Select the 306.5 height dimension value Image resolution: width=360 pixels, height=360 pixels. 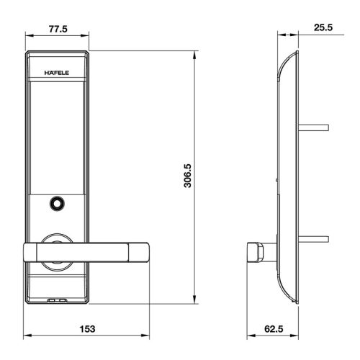click(186, 175)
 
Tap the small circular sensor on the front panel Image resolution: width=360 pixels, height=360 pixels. click(55, 204)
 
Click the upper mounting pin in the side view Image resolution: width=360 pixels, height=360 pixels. click(315, 128)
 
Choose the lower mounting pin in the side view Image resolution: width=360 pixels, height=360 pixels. click(315, 237)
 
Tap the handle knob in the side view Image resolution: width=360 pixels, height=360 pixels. click(253, 252)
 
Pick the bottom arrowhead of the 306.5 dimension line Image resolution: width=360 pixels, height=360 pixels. click(197, 300)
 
